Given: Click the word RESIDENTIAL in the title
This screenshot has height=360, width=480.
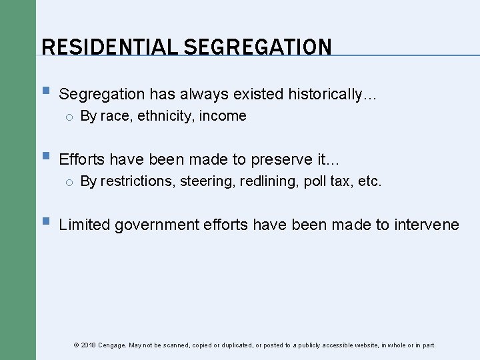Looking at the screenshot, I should (x=109, y=47).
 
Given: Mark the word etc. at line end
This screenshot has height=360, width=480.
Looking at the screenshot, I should (x=370, y=181).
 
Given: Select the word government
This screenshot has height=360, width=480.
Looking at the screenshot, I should (x=157, y=225).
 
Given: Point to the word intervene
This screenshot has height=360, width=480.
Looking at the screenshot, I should (x=426, y=225).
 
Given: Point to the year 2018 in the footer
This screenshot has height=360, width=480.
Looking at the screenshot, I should (x=88, y=345).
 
